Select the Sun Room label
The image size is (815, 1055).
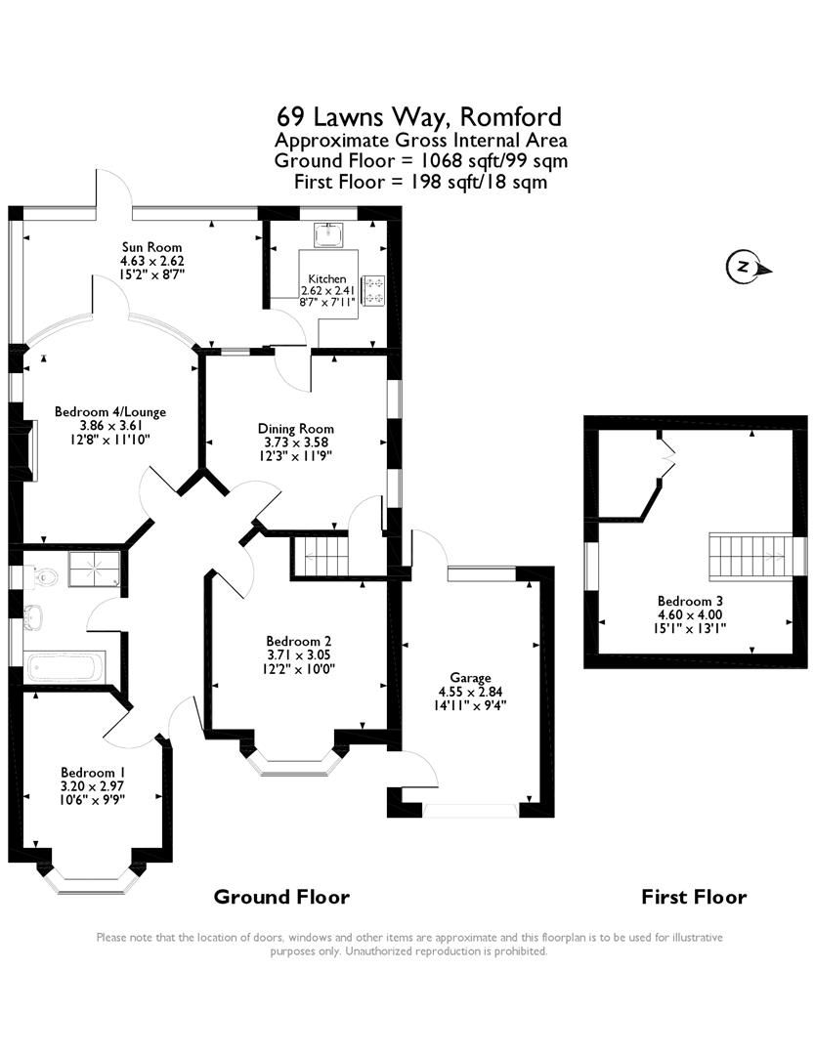click(151, 247)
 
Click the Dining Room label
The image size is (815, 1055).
click(295, 428)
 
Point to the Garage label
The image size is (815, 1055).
click(470, 677)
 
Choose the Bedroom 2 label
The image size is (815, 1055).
click(271, 641)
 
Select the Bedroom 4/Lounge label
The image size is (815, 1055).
click(109, 411)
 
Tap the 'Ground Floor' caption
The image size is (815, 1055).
click(281, 897)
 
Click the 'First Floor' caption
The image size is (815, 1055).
click(694, 897)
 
